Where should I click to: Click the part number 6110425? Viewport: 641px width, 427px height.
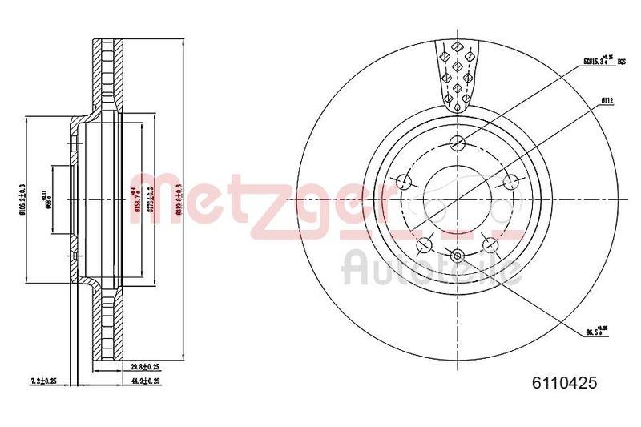click(x=565, y=384)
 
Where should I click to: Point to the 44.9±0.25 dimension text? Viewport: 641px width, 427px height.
click(x=145, y=381)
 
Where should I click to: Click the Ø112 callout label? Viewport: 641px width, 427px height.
click(x=607, y=100)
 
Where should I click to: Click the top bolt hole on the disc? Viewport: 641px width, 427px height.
click(x=458, y=143)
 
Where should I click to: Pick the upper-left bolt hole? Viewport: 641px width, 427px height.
click(x=405, y=183)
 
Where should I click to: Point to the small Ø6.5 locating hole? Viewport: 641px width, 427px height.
click(x=458, y=256)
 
